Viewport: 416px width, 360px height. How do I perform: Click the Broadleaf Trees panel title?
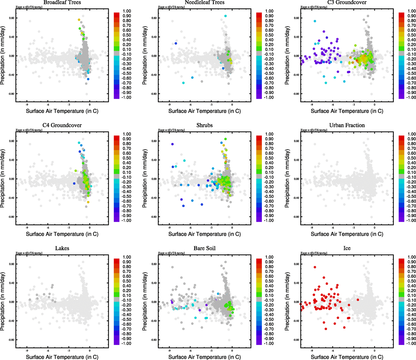pyautogui.click(x=62, y=2)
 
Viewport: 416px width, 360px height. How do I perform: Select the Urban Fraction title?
pyautogui.click(x=347, y=125)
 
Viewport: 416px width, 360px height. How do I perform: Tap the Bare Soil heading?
pyautogui.click(x=204, y=248)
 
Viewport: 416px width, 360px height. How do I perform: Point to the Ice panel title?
pyautogui.click(x=347, y=248)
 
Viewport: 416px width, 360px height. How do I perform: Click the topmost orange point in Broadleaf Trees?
pyautogui.click(x=79, y=20)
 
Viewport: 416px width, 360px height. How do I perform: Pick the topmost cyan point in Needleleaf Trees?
pyautogui.click(x=225, y=16)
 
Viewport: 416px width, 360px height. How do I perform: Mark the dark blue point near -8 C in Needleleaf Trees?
pyautogui.click(x=176, y=43)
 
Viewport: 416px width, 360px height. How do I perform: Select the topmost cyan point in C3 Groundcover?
pyautogui.click(x=315, y=21)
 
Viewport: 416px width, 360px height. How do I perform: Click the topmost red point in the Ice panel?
pyautogui.click(x=315, y=267)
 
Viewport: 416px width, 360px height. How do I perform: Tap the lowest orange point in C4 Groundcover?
pyautogui.click(x=88, y=202)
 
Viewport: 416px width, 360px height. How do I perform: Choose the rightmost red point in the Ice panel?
pyautogui.click(x=358, y=300)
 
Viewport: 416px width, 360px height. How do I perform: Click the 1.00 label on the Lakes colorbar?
pyautogui.click(x=127, y=257)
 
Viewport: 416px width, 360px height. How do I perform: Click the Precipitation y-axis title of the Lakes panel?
pyautogui.click(x=3, y=301)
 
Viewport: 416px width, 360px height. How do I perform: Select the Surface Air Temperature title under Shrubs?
pyautogui.click(x=204, y=234)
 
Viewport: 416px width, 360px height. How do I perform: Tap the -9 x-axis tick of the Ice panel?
pyautogui.click(x=312, y=350)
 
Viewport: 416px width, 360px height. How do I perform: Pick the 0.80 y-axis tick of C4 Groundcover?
pyautogui.click(x=11, y=141)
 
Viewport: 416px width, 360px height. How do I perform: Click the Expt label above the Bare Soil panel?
pyautogui.click(x=171, y=253)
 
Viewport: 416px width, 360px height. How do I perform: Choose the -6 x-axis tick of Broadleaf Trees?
pyautogui.click(x=48, y=104)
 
